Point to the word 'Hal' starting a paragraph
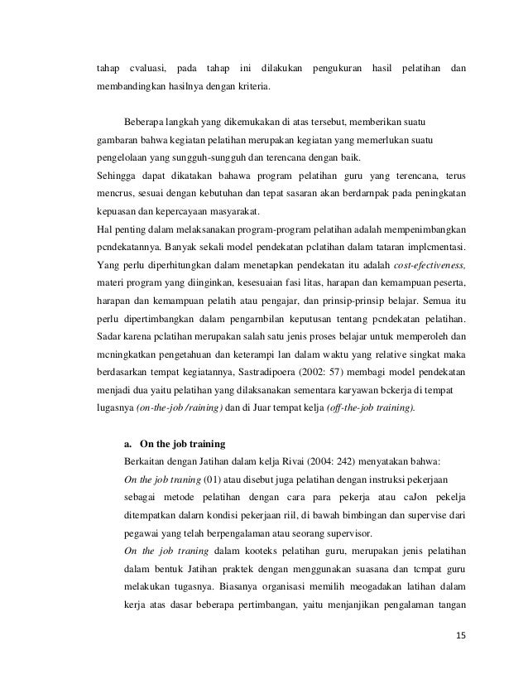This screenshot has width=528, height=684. pyautogui.click(x=106, y=228)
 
